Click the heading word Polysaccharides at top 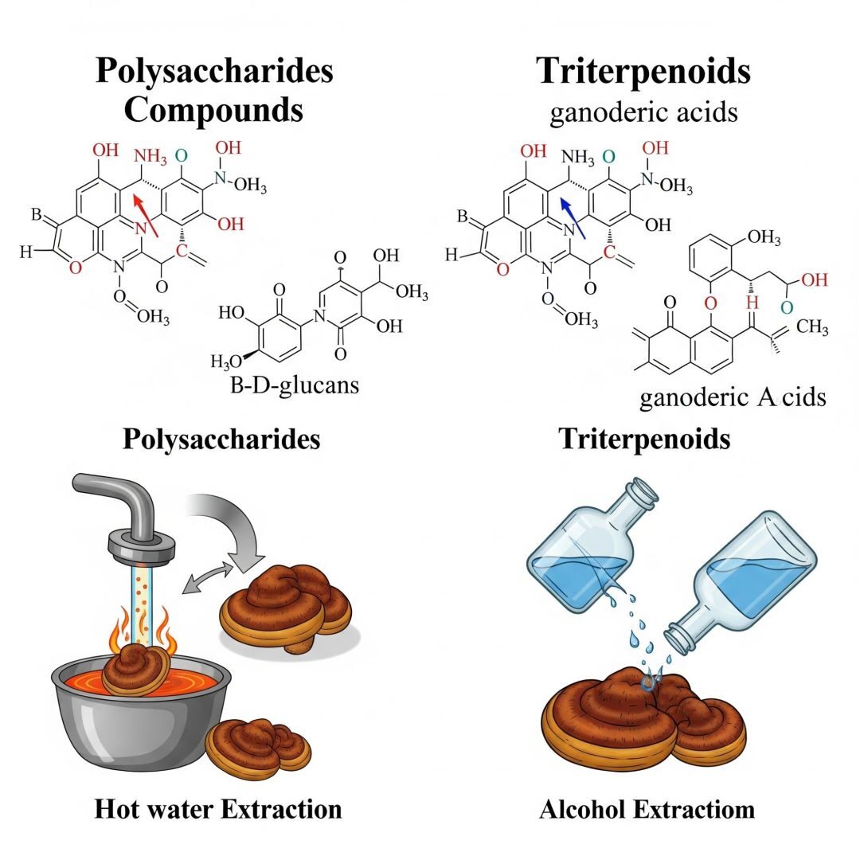pyautogui.click(x=214, y=71)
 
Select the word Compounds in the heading pyautogui.click(x=213, y=109)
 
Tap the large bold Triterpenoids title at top pyautogui.click(x=643, y=71)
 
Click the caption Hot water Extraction pyautogui.click(x=218, y=809)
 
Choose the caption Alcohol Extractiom pyautogui.click(x=647, y=810)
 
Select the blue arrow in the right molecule pyautogui.click(x=574, y=217)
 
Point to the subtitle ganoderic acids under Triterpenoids pyautogui.click(x=643, y=112)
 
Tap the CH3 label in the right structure pyautogui.click(x=812, y=327)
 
